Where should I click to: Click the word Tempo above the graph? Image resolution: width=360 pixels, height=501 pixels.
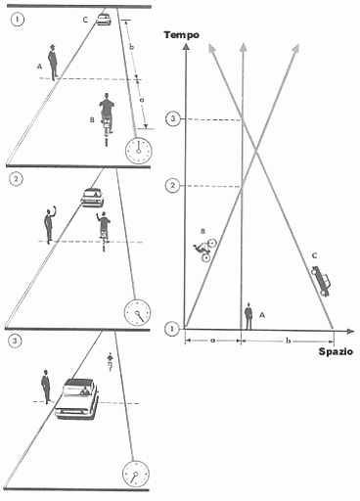182,35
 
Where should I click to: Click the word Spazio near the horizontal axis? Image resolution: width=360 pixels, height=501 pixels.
336,351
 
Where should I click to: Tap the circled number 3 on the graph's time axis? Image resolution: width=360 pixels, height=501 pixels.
173,118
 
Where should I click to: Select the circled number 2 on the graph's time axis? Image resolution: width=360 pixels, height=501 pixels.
172,186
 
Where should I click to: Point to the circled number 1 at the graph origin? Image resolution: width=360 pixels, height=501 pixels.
172,329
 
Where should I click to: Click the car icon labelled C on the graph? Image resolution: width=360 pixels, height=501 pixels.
321,281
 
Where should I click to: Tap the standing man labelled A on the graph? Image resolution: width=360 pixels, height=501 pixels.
248,316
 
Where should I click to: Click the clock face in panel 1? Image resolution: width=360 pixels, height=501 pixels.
139,151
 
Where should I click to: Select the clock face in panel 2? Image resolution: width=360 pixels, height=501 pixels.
137,312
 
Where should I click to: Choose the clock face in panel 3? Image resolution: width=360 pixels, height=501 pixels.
136,474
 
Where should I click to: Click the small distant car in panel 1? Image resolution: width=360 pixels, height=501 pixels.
104,19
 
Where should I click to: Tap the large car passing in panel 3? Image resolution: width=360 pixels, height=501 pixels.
77,399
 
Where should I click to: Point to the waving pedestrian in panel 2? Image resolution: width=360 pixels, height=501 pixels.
50,225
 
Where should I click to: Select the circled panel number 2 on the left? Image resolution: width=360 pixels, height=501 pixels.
17,179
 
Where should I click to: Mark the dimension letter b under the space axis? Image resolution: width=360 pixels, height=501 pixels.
288,341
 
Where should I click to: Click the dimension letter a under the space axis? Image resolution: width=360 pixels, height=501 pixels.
212,341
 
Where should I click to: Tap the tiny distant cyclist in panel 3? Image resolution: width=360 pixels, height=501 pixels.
110,362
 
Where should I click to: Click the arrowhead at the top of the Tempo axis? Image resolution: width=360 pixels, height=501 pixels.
186,47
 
